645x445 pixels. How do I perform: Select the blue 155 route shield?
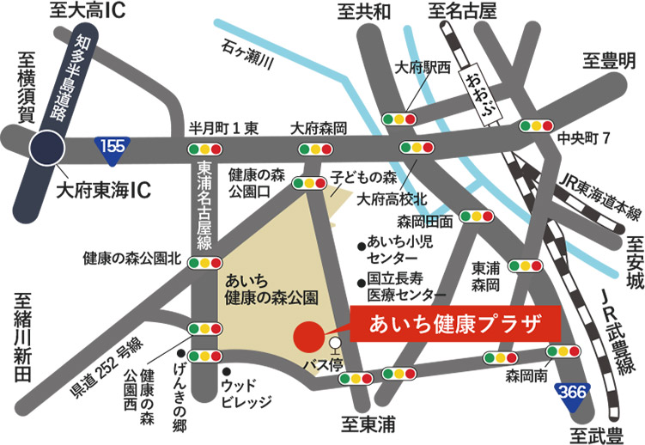(x=113, y=145)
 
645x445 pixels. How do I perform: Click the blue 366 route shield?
(x=573, y=392)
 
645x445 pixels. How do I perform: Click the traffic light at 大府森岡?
(x=315, y=149)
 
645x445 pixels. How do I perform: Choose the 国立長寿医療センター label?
(x=400, y=288)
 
